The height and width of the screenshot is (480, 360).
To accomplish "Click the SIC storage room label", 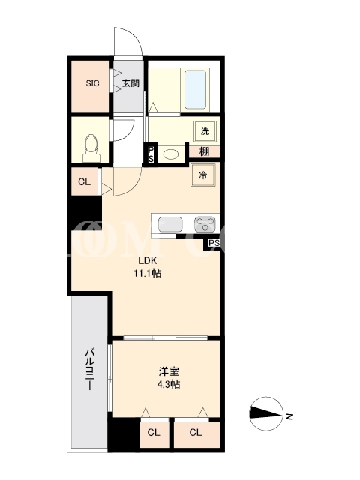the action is click(x=92, y=83).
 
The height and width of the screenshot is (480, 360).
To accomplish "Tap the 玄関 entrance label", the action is click(x=130, y=83).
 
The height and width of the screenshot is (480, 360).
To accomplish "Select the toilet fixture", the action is click(x=91, y=148).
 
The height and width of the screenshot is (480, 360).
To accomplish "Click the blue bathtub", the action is click(x=195, y=90).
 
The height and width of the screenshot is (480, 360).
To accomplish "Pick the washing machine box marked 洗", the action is click(x=205, y=131).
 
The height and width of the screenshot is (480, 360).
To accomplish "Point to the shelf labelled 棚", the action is click(x=205, y=151).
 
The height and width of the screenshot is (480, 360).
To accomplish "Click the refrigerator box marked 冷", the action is click(x=203, y=175).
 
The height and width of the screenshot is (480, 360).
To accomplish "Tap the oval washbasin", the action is click(x=172, y=154).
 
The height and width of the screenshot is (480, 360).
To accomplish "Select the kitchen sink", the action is click(x=170, y=224).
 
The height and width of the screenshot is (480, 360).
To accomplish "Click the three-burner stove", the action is click(x=205, y=224).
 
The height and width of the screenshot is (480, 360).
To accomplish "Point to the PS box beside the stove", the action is click(x=214, y=243).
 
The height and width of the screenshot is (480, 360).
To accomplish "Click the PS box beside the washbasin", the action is click(x=151, y=154).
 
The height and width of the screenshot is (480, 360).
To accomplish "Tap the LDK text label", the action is click(x=148, y=261).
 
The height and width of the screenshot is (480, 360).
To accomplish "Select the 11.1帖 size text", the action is click(x=147, y=273).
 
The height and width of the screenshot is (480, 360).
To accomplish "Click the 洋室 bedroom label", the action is click(x=169, y=372).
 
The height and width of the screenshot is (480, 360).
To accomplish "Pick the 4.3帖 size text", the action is click(x=169, y=384).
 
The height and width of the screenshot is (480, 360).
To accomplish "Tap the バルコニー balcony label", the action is click(x=89, y=369).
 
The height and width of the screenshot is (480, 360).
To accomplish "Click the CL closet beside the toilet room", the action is click(x=85, y=181).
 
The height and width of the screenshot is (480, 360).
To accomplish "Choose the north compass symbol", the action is click(x=266, y=414).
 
